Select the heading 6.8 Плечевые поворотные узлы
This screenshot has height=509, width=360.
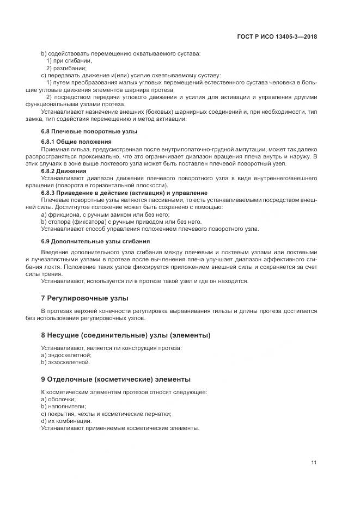[89, 132]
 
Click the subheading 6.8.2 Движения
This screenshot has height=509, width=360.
[65, 170]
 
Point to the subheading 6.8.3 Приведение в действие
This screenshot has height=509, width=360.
[124, 193]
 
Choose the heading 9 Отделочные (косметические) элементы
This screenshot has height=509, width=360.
[116, 379]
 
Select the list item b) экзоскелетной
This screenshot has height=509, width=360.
[66, 362]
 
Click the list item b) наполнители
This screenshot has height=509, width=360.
[63, 406]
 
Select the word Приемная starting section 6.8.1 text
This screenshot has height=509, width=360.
[55, 149]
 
